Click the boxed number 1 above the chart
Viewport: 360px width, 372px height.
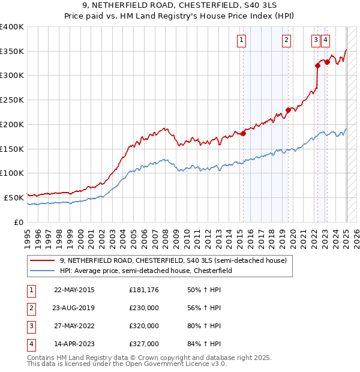pos(241,40)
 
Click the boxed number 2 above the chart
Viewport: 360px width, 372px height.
pos(287,40)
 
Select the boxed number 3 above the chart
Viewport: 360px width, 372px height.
pos(316,40)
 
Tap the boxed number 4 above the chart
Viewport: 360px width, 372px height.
pos(325,40)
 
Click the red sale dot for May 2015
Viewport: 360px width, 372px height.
pos(243,133)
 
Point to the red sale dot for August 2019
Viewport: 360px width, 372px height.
pos(289,110)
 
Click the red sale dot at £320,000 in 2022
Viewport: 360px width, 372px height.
pos(318,66)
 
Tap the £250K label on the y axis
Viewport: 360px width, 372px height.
pos(12,100)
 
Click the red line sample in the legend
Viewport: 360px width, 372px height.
pos(43,260)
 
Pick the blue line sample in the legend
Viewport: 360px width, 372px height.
pos(43,271)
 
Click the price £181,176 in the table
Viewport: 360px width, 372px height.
pos(144,289)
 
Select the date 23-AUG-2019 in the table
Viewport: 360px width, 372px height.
pos(74,307)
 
